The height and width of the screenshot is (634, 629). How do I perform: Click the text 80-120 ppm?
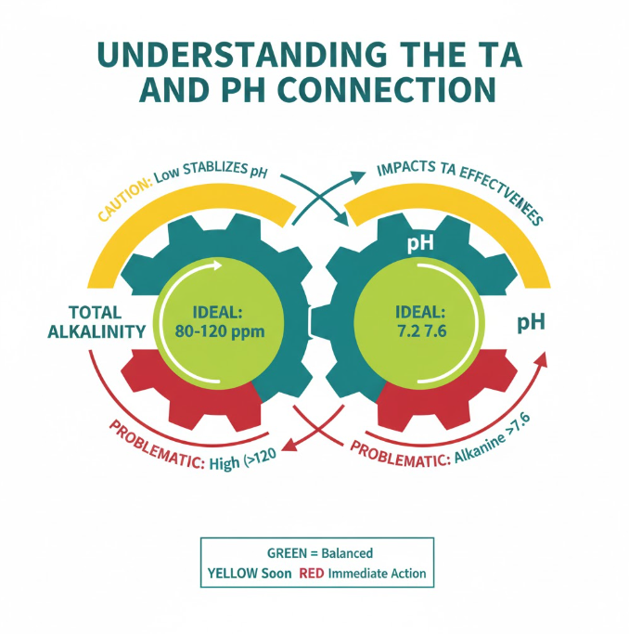(x=214, y=329)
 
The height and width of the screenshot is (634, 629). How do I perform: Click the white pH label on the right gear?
(x=421, y=244)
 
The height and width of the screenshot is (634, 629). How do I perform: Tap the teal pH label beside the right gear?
(x=531, y=323)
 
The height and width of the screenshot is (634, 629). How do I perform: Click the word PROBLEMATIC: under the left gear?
(x=152, y=445)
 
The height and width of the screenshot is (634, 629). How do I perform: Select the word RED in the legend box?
(x=310, y=573)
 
